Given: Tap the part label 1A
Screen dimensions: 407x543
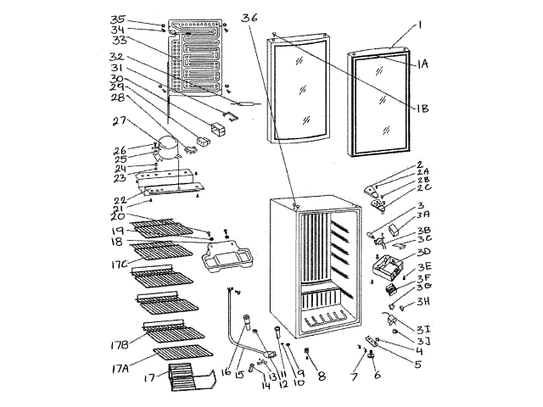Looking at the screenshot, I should tap(422, 64).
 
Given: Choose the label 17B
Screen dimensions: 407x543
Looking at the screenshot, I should tap(120, 345).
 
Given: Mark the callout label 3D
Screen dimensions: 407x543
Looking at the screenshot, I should tap(423, 252).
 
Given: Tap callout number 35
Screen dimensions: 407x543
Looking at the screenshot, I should tap(118, 19).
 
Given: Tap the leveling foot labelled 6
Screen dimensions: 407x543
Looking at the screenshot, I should tap(371, 365).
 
